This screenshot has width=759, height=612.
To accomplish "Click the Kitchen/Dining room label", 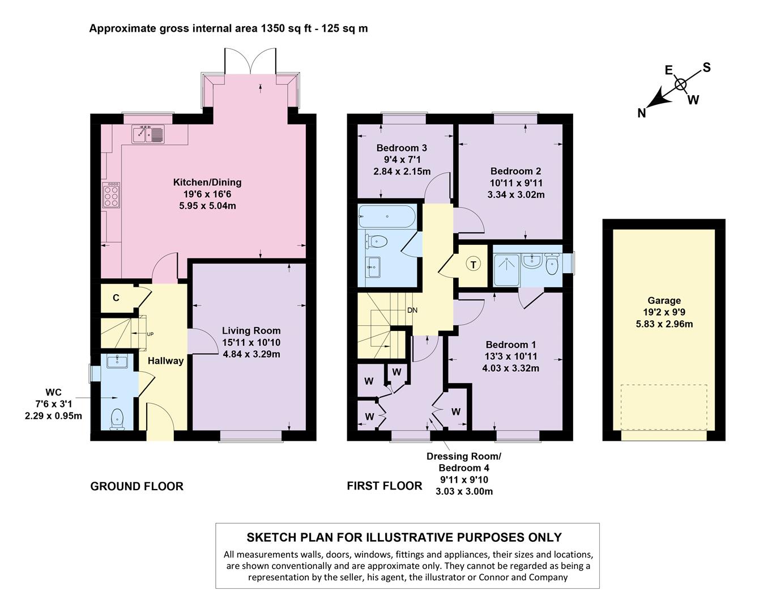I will pos(207,182).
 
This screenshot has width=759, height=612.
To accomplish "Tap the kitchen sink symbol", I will pos(148,134).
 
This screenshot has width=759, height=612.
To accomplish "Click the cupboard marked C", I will pos(116,297).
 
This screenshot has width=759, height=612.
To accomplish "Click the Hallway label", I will pos(165,360).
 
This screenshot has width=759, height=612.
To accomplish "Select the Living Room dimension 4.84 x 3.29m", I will pos(251,354).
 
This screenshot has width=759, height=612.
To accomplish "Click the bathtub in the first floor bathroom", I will pos(387,217).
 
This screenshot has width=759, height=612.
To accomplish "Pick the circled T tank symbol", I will pos(473,265).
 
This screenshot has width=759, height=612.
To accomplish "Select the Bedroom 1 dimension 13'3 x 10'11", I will pos(510,356).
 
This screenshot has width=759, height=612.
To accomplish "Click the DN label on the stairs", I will pos(412,311).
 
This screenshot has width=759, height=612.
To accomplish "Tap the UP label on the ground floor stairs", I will pos(150,334).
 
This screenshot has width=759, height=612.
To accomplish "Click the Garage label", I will pos(664,300).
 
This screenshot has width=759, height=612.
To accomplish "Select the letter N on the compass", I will pos(641,113).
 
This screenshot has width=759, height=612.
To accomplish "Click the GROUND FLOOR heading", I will pos(137,486).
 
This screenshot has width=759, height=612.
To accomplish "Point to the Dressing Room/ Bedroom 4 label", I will pos(463,462).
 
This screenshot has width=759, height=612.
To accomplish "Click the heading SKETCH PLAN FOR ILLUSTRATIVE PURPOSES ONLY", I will pos(404,537).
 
